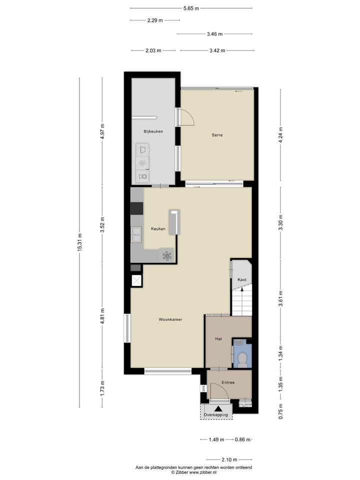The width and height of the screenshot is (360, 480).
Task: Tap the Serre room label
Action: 216,135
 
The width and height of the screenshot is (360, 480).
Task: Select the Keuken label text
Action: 158,229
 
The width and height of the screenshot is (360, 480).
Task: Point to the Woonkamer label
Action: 170,319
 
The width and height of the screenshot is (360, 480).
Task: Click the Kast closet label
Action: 242,280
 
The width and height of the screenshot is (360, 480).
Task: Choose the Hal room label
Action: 218,338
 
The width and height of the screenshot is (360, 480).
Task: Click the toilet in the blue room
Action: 242,357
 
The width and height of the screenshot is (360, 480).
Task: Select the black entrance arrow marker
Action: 217,408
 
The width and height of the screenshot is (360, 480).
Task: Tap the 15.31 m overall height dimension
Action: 79,242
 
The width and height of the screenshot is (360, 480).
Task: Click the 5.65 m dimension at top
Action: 191,8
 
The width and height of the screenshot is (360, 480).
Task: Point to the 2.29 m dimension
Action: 154,20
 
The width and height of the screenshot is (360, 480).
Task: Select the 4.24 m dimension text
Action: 281,134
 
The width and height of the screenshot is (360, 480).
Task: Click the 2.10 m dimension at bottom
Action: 229,459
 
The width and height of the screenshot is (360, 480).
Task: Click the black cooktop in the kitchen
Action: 136,208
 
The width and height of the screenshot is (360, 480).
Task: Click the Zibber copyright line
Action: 193,471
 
